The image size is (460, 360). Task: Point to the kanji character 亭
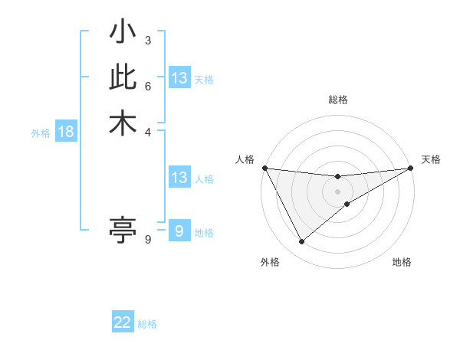[123, 229]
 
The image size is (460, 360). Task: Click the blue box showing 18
[66, 132]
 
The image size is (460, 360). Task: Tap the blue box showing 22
[123, 323]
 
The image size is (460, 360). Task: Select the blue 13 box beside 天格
[179, 78]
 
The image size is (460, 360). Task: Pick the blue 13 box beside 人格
[179, 178]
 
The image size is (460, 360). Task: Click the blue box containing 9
[179, 231]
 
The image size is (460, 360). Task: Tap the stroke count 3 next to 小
[148, 40]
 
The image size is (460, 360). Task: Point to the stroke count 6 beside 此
[148, 86]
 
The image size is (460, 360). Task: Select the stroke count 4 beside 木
[148, 132]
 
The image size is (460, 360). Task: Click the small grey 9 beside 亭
[148, 240]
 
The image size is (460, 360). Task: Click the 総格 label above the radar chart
[338, 100]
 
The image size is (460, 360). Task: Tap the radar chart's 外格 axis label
[270, 262]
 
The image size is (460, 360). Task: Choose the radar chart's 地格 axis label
[402, 262]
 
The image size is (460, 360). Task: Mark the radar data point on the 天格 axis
[411, 169]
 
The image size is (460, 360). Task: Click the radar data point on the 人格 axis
[264, 168]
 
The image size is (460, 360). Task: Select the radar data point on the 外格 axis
[301, 242]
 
